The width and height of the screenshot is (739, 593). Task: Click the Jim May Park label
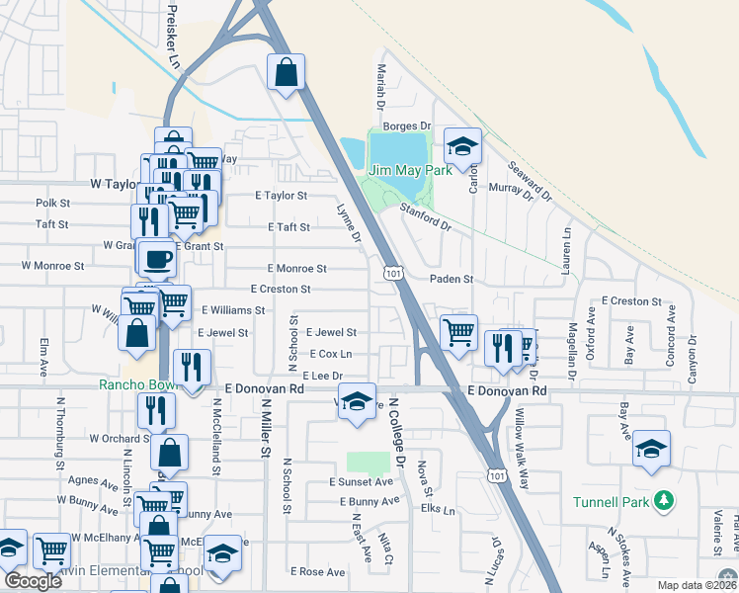click(x=410, y=170)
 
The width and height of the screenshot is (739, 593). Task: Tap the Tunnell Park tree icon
click(x=668, y=501)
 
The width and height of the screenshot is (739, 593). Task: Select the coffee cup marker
click(x=156, y=260)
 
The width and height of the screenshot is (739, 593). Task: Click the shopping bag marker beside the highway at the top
click(x=286, y=72)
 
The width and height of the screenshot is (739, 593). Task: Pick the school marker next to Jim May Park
click(x=461, y=147)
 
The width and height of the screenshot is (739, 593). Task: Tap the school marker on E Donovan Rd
click(x=358, y=401)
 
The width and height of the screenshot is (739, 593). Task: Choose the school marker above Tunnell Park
click(x=651, y=449)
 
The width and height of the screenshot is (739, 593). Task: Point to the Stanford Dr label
click(x=425, y=217)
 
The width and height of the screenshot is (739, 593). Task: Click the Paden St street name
click(x=452, y=280)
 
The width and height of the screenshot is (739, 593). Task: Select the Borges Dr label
click(x=408, y=126)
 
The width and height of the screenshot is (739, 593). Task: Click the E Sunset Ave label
click(x=361, y=481)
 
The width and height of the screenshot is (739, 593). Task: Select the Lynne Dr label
click(x=349, y=222)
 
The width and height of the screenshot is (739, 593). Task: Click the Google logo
click(x=33, y=581)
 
